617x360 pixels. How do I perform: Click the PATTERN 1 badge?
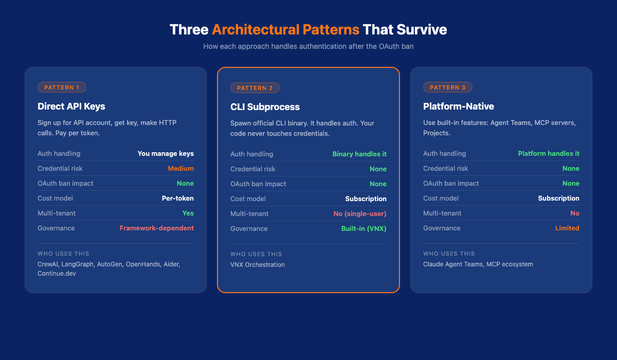(x=62, y=87)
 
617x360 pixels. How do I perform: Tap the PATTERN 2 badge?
(x=255, y=88)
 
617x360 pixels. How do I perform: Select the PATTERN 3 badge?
(x=447, y=87)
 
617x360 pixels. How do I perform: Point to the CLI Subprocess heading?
(x=265, y=107)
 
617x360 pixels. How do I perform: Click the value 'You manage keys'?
(x=166, y=153)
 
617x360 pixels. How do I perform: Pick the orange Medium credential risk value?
(x=180, y=168)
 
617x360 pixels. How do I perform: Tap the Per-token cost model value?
(x=177, y=198)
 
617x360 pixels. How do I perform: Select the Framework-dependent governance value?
(x=156, y=228)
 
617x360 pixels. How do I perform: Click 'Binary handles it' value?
(x=359, y=154)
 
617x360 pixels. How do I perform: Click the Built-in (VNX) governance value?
(x=364, y=228)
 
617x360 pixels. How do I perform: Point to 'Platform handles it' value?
(x=549, y=153)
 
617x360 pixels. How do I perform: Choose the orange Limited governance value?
(x=567, y=228)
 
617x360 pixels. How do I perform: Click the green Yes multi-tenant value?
(x=188, y=213)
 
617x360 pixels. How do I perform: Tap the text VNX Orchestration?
(x=257, y=264)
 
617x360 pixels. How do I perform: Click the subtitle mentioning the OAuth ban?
(x=308, y=46)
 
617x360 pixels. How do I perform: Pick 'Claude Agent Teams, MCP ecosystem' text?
(x=478, y=264)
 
